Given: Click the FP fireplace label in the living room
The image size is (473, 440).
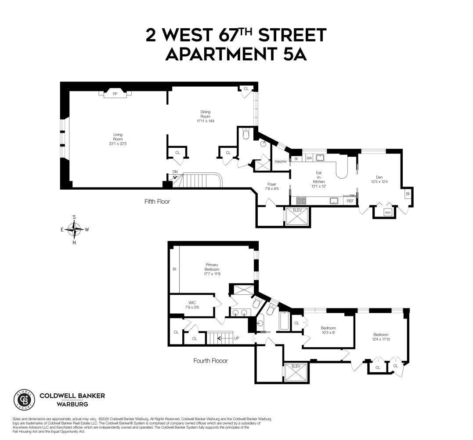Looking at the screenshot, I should coord(115,94).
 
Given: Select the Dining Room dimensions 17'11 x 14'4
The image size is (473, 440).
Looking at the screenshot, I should coord(206,121).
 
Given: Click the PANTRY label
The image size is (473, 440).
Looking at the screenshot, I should coord(281,161).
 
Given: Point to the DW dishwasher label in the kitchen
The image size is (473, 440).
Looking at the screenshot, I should coord(309,158).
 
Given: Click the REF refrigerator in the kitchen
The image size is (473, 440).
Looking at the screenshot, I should coord(350,201).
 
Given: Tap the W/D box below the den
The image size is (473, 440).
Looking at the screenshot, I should coord(387,213).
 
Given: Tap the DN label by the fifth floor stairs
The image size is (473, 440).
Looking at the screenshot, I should coord(175,172).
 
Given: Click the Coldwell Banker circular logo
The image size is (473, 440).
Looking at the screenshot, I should coord(25,400).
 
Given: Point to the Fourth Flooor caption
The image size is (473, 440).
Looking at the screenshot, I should coord(211,361).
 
